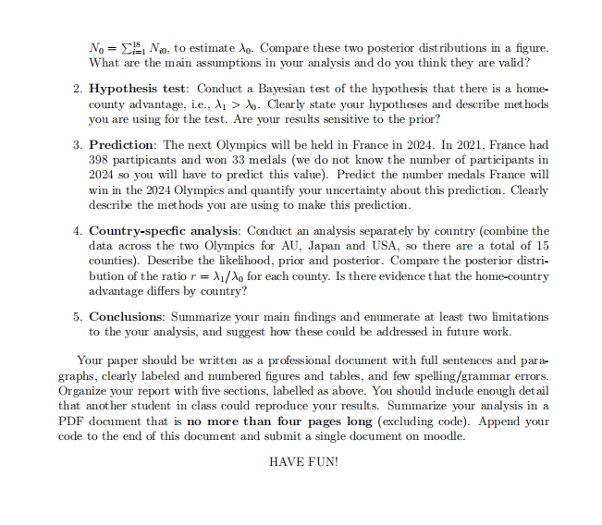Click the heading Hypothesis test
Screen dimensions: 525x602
(138, 88)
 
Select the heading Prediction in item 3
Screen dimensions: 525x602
(123, 146)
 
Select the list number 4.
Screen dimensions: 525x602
(77, 230)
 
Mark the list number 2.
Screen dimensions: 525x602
(77, 88)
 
